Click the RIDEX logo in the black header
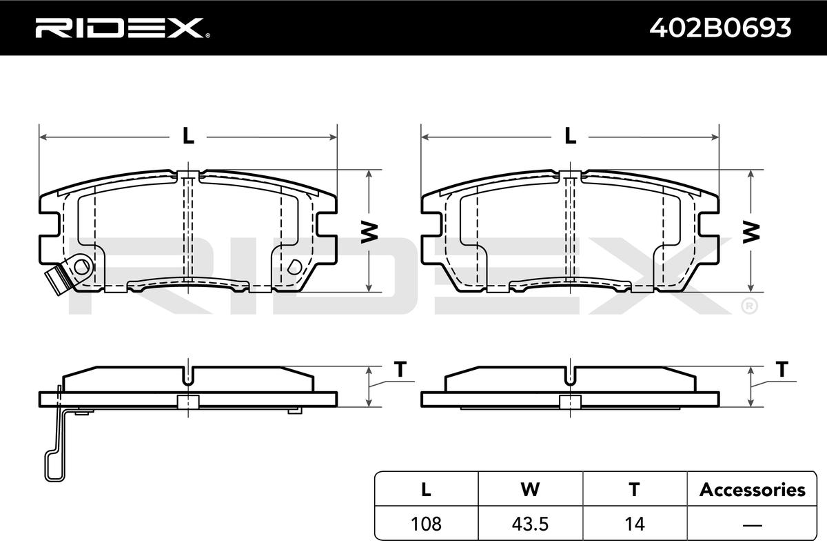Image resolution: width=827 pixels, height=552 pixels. click(123, 28)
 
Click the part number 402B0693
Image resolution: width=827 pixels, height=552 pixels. click(720, 28)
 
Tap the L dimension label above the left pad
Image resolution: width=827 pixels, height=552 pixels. click(188, 136)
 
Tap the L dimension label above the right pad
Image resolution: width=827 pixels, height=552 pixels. click(571, 136)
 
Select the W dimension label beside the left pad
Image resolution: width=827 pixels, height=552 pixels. click(369, 233)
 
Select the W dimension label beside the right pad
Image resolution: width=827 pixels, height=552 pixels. click(751, 233)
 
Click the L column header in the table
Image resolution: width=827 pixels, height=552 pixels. click(426, 489)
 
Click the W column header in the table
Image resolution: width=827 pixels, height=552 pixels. click(530, 489)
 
